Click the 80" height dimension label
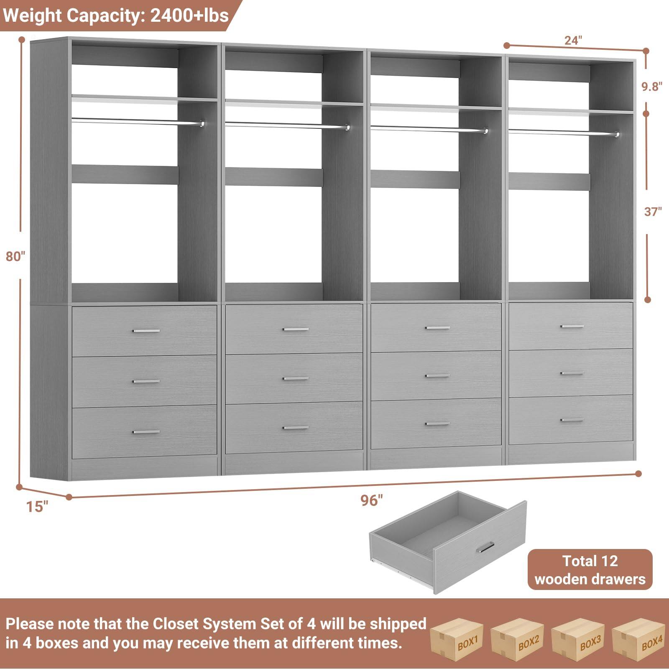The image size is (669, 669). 15,256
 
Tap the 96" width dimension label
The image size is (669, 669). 371,500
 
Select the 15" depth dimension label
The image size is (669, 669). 37,506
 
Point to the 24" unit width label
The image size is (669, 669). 573,41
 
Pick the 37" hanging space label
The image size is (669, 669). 653,212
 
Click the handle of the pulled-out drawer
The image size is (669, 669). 485,547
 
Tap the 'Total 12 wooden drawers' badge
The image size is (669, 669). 590,569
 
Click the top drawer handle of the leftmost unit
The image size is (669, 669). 146,331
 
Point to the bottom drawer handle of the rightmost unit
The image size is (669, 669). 572,420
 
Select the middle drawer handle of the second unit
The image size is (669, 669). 296,378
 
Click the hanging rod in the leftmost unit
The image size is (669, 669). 134,121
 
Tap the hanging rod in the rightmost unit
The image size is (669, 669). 560,133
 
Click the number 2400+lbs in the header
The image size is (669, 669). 189,15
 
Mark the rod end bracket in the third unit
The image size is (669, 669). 485,131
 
